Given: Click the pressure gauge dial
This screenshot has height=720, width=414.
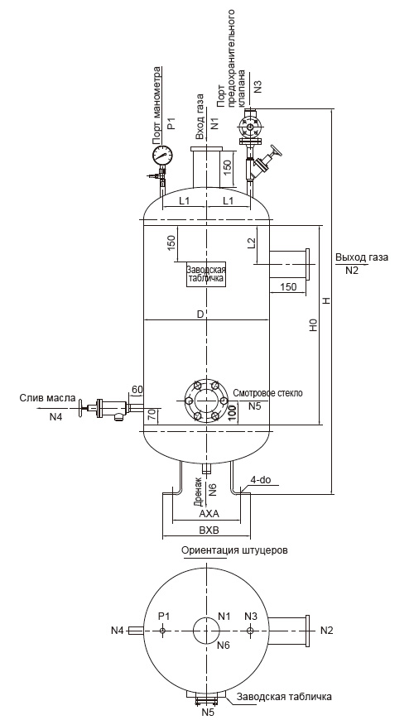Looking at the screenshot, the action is click(x=162, y=156).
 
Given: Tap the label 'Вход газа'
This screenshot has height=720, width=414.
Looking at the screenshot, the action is click(x=200, y=117).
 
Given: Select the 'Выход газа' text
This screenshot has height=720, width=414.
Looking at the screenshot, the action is click(x=362, y=257).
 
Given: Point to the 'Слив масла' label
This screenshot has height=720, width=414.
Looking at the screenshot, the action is click(x=47, y=398).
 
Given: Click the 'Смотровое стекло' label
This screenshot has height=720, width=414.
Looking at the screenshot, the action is click(x=268, y=394).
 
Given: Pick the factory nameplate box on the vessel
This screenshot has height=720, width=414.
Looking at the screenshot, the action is click(x=206, y=274).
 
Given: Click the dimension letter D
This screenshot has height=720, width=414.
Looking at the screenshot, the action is click(x=200, y=314).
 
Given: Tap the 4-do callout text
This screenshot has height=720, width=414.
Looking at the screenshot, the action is click(x=261, y=480).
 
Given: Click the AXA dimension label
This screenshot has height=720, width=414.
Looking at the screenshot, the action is click(x=206, y=513).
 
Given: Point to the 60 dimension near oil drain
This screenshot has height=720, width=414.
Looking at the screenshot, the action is click(x=137, y=390).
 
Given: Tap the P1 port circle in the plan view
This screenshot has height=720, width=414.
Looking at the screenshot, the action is click(x=162, y=631).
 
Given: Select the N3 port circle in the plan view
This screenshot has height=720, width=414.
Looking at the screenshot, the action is click(x=249, y=631).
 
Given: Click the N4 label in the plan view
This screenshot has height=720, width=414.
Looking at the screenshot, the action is click(x=118, y=631).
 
